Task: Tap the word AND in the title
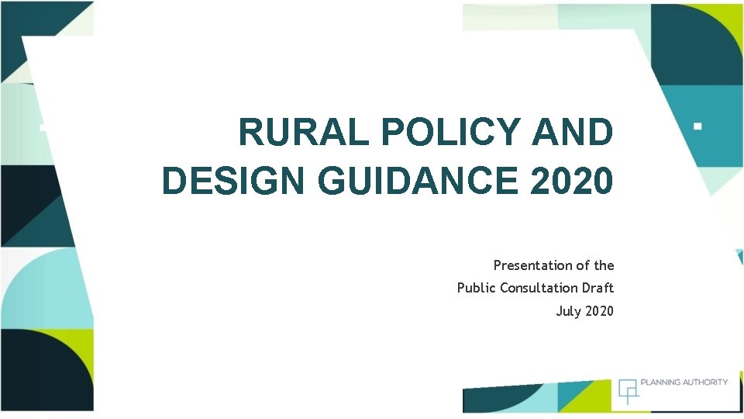572,133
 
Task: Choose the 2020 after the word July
599,311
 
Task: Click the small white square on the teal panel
697,124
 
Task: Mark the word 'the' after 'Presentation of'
604,265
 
